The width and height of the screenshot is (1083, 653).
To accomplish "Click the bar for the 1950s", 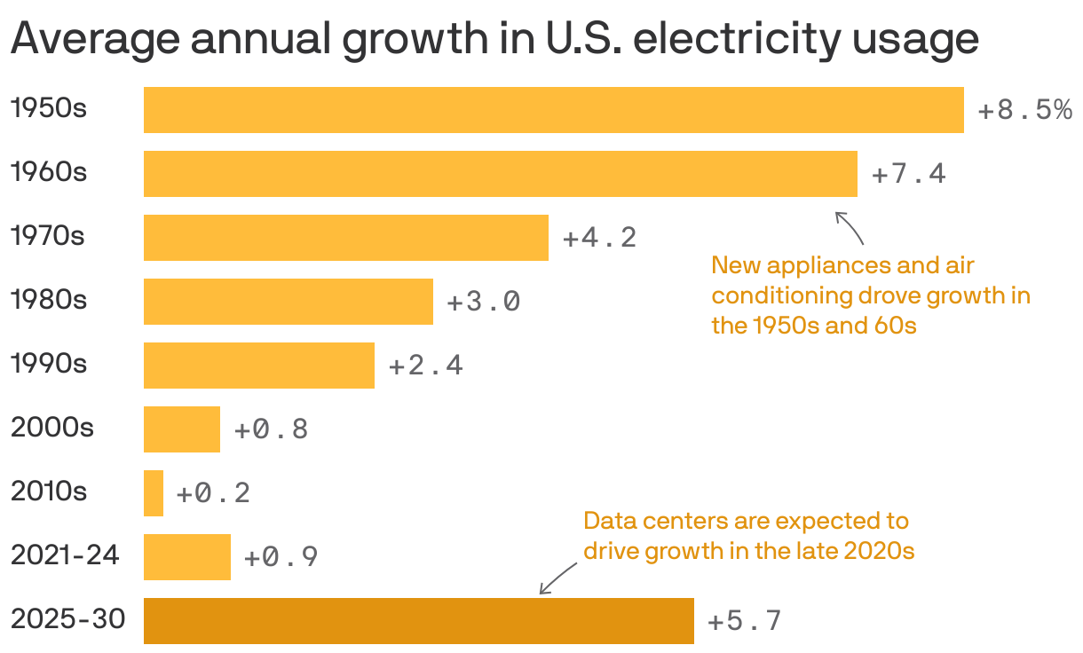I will click(x=553, y=110).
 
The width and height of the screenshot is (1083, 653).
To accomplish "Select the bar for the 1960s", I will click(x=500, y=174).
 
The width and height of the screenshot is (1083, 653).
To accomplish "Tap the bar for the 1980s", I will click(x=288, y=302).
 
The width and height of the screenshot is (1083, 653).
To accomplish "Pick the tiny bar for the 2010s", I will click(x=154, y=493).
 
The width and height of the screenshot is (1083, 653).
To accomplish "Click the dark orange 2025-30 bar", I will click(x=418, y=621).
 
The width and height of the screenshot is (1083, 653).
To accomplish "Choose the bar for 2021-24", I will click(x=186, y=557).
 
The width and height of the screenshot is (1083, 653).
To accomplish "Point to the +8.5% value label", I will click(x=1024, y=111).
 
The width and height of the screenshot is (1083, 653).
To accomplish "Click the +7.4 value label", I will click(x=909, y=175).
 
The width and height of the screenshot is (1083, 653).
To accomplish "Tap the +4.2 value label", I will click(x=600, y=239).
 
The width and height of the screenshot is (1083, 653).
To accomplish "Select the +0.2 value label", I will click(x=213, y=494).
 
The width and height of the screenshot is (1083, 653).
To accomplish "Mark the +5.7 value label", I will click(x=745, y=622).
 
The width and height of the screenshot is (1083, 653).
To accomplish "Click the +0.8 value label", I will click(x=271, y=430).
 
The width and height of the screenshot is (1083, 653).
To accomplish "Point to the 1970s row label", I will click(x=48, y=236).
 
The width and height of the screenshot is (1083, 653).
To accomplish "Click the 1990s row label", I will click(x=48, y=364).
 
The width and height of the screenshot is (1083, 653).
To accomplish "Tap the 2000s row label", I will click(x=51, y=428).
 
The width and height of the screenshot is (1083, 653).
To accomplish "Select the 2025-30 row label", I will click(x=67, y=619).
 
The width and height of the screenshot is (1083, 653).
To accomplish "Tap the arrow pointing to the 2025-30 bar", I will click(x=557, y=580).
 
